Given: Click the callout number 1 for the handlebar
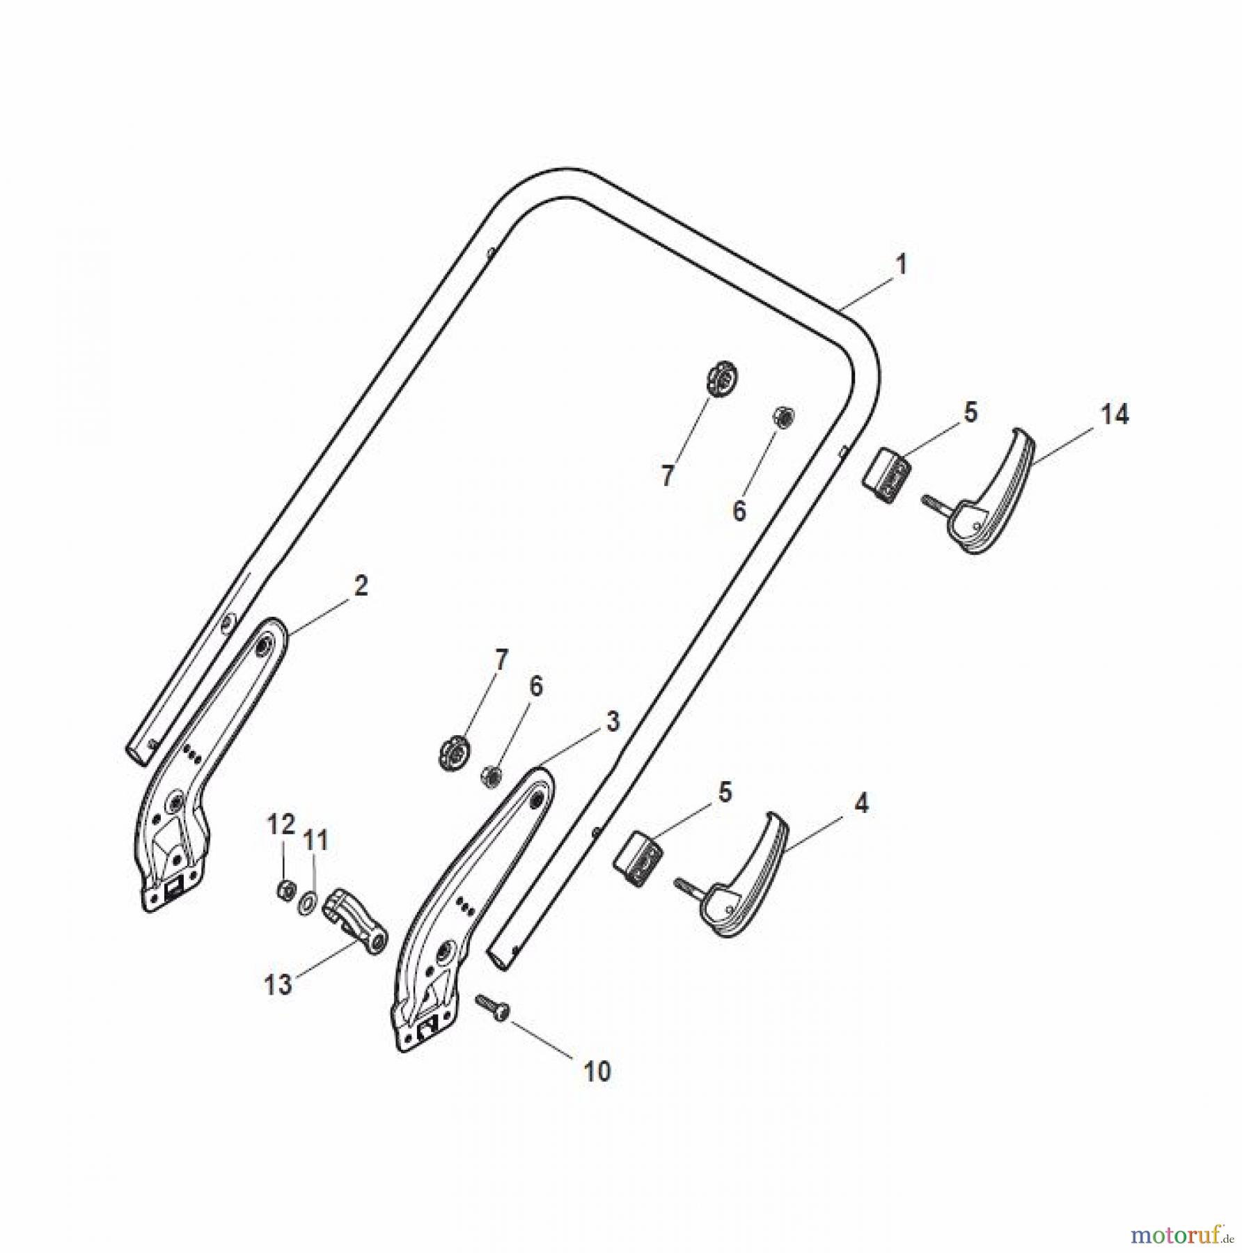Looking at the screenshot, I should (901, 265).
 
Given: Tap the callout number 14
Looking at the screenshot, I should (1114, 415).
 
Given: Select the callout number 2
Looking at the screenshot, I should (360, 586).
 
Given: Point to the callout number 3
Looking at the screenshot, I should (612, 722).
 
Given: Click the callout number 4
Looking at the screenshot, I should (861, 804).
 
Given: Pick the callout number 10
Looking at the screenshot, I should (597, 1071).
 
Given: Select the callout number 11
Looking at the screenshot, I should (315, 840).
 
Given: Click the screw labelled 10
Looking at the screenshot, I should (492, 1007).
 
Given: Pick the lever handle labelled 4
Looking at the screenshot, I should (741, 877).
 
